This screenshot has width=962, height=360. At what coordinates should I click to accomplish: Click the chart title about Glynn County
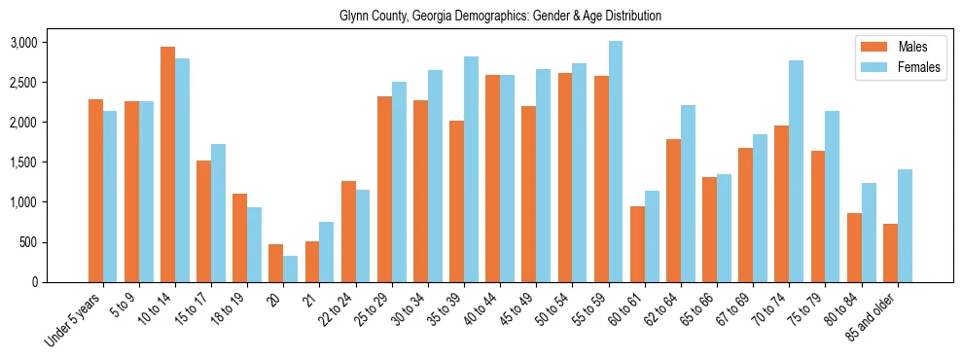[500, 17]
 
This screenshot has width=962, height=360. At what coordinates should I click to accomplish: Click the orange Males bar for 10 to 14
[167, 164]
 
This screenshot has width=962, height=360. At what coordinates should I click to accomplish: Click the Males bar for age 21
[312, 262]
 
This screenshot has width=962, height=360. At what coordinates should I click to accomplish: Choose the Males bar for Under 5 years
[95, 191]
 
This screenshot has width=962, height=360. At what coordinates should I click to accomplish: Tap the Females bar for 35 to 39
[471, 169]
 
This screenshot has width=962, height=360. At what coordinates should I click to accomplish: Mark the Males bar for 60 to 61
[637, 244]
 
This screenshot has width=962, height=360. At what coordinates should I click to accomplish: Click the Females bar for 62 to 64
[688, 194]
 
